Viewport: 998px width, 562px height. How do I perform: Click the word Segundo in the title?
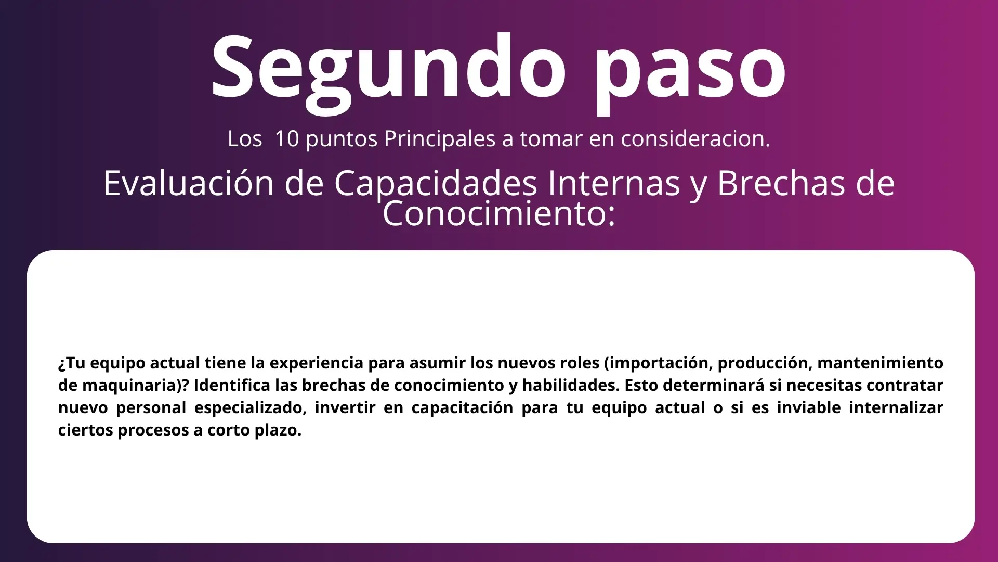(388, 70)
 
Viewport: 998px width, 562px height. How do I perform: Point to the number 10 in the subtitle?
(287, 138)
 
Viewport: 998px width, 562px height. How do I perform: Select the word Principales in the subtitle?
(440, 139)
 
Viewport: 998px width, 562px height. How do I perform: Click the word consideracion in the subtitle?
(695, 139)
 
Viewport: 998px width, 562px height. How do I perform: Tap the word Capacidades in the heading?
(436, 184)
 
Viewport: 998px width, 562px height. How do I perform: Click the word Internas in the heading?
(614, 183)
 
